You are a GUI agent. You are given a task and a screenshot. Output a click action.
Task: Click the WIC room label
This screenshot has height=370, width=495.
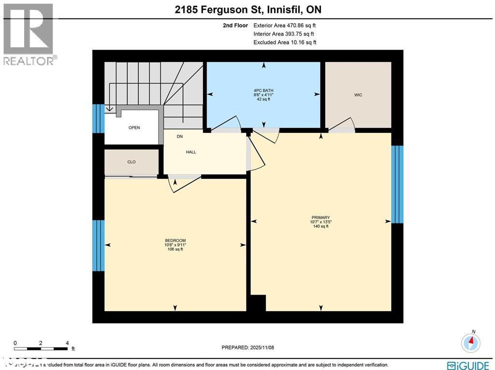point(358,95)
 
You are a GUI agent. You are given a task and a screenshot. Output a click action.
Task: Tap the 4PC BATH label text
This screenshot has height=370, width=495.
point(263,90)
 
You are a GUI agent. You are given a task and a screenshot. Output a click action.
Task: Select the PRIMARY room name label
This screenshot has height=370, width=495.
point(320,217)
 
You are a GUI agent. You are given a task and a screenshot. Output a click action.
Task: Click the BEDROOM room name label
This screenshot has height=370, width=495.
point(175,241)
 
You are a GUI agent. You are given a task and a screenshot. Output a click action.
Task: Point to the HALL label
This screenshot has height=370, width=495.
point(191,152)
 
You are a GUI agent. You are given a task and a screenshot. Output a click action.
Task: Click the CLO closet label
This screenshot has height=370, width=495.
point(131,162)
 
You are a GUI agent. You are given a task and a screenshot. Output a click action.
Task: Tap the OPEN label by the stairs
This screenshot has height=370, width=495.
point(134,128)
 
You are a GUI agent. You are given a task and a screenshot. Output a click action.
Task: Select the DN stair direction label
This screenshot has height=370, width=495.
point(179,137)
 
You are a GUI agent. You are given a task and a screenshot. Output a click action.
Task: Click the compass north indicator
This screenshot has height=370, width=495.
point(470,342)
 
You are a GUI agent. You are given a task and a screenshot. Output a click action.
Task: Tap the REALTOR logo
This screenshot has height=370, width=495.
point(29,34)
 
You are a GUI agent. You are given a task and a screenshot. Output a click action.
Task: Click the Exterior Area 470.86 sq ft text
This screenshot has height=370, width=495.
point(285,25)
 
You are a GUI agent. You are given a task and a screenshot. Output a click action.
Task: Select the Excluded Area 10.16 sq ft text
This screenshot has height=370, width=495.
point(285,43)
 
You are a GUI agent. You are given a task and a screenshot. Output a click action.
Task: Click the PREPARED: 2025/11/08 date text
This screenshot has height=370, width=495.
point(247,347)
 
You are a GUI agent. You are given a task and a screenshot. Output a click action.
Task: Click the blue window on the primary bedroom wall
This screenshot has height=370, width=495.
point(397,184)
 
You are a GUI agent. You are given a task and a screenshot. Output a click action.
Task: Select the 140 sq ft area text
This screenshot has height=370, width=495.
point(320,226)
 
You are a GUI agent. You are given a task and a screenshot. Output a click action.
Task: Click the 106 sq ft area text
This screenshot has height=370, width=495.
point(175,249)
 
